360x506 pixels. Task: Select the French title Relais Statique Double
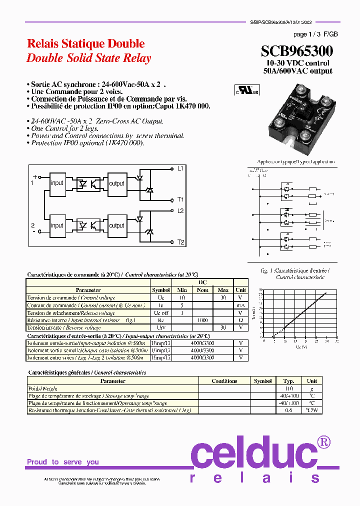tap(85, 43)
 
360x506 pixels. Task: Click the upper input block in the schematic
tap(57, 183)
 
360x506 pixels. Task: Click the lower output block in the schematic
tap(116, 225)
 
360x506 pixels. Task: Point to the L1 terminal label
tap(180, 168)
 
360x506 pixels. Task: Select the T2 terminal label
tap(180, 242)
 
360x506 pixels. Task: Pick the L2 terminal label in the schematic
tap(180, 211)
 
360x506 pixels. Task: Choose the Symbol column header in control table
tap(161, 290)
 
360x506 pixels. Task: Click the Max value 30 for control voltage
tap(223, 297)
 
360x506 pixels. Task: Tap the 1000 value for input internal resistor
tap(202, 320)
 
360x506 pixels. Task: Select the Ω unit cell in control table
tap(240, 320)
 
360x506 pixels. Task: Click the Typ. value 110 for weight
tap(288, 388)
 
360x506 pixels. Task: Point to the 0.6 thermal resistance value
tap(288, 410)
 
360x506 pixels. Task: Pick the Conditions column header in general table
tap(224, 381)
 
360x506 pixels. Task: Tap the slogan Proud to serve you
tap(63, 462)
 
